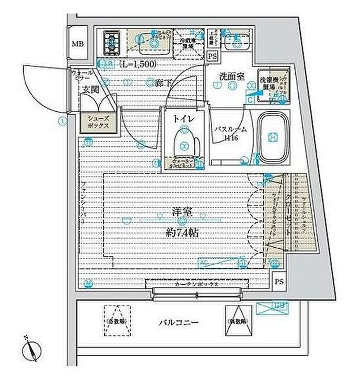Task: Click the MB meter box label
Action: point(77,43)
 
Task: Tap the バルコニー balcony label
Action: point(178,323)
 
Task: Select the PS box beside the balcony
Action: point(279,282)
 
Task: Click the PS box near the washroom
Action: point(212,57)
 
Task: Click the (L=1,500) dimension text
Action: point(137,65)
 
